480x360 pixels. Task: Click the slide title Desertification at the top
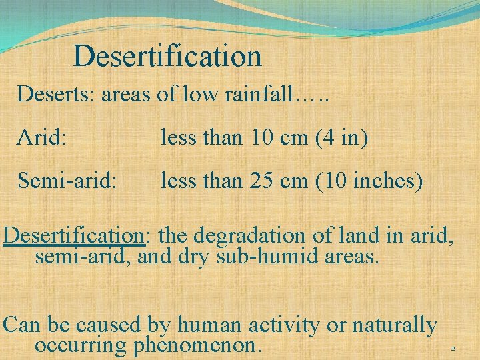coord(167,56)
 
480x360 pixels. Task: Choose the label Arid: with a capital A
coord(41,138)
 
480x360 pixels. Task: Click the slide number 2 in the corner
coord(453,349)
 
